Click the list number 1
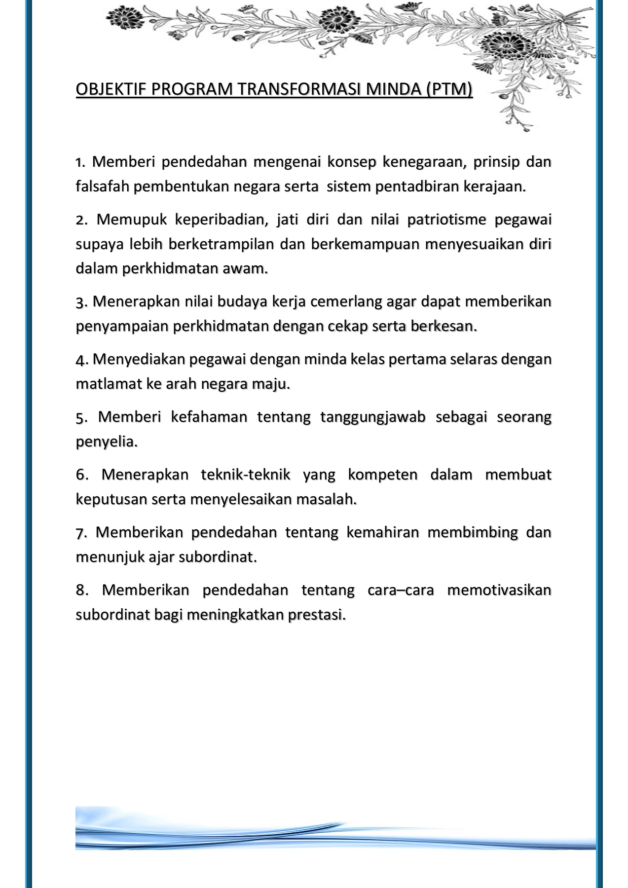tap(80, 162)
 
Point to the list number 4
tap(80, 359)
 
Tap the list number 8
tap(81, 590)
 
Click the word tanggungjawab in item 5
tap(372, 417)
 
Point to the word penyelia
tap(106, 442)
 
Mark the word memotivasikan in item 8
tap(499, 590)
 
